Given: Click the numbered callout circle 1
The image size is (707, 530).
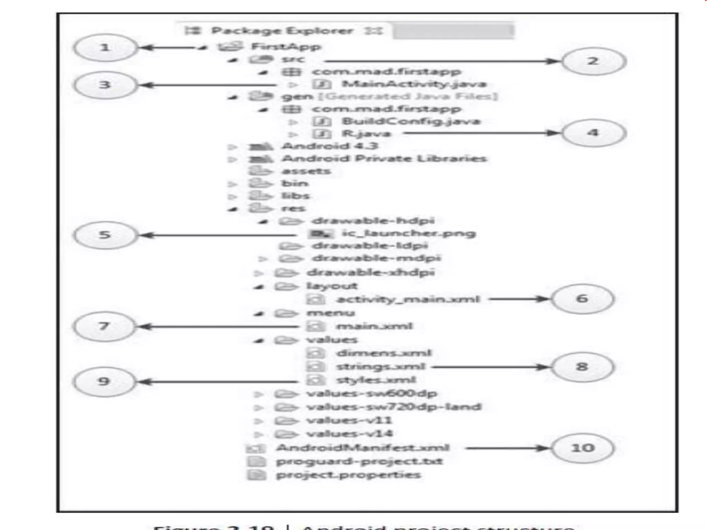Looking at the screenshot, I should tap(105, 48).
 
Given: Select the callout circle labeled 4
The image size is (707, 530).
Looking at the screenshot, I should tap(593, 133).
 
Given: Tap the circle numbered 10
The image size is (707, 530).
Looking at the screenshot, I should tap(583, 448).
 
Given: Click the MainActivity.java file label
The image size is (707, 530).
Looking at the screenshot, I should tap(414, 84).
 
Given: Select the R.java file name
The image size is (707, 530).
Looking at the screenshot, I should tap(366, 134).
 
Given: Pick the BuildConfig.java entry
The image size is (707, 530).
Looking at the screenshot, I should tap(411, 121).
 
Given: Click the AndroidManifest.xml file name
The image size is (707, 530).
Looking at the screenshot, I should tap(363, 448).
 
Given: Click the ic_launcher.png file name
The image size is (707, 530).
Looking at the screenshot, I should tap(409, 233).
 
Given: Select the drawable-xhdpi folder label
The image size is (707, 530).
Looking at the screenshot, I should tap(370, 273).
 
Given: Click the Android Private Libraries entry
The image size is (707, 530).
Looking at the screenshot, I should tap(384, 159).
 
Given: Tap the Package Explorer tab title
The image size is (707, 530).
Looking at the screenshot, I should tap(282, 31).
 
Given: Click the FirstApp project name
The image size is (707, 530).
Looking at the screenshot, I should tap(286, 47).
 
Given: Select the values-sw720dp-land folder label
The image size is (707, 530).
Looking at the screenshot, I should tap(394, 407).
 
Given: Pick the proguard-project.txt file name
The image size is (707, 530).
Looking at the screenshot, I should tap(359, 461).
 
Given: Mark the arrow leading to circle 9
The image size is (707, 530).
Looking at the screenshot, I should tap(217, 382).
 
